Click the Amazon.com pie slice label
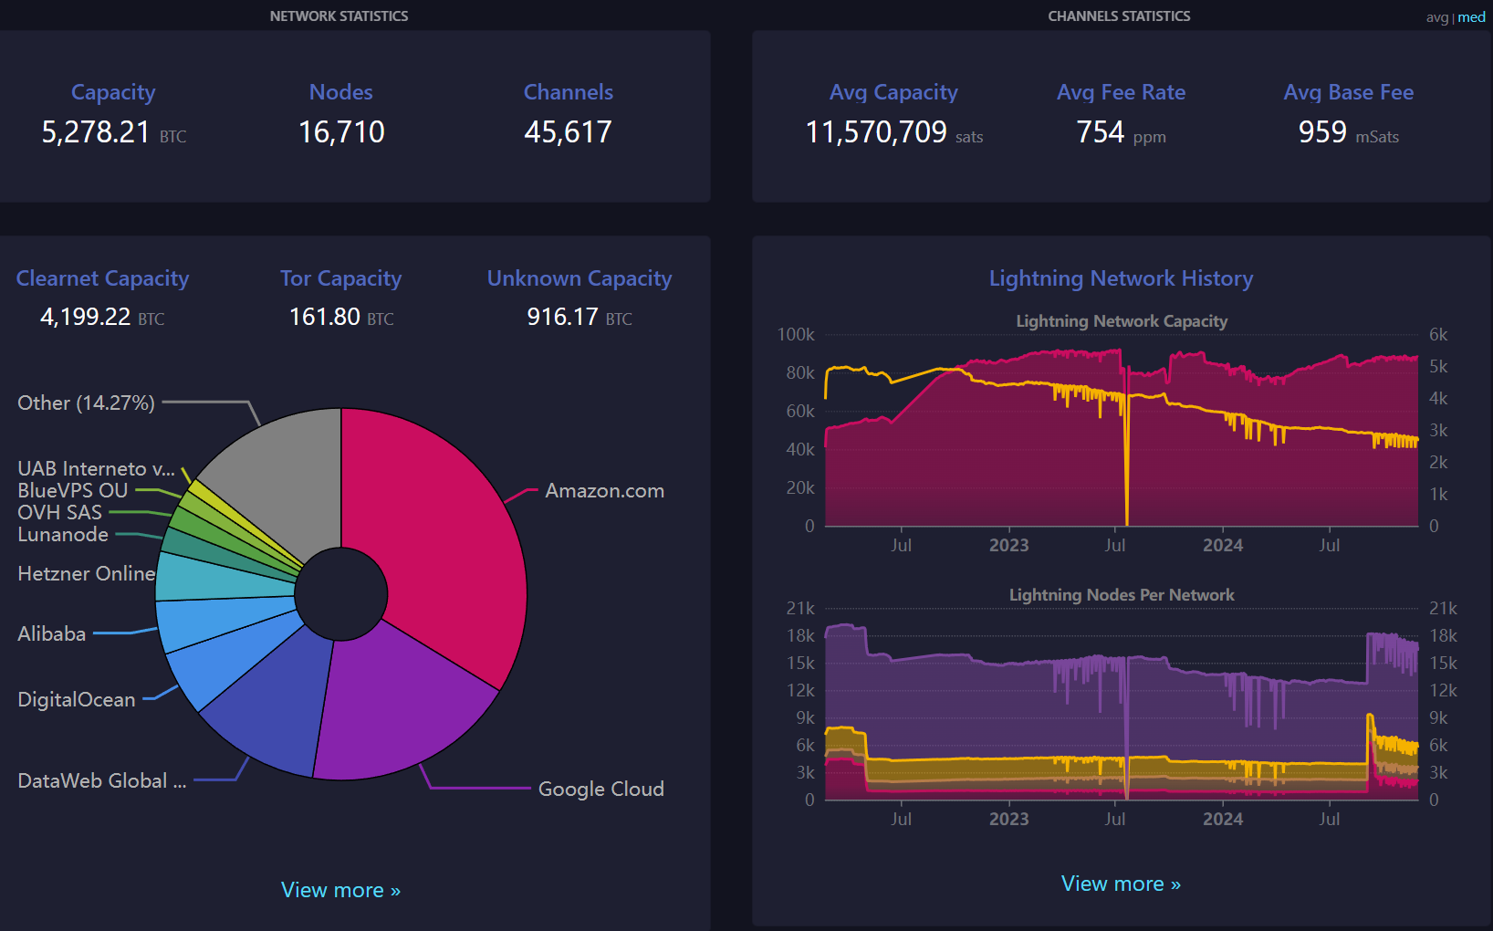click(x=604, y=491)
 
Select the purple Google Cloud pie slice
click(x=402, y=703)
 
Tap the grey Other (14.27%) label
click(x=86, y=403)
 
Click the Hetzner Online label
click(x=86, y=574)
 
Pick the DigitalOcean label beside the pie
click(x=77, y=700)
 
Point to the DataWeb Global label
click(x=101, y=781)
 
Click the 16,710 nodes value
click(x=341, y=132)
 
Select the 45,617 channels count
click(x=568, y=132)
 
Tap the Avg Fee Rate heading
click(x=1121, y=92)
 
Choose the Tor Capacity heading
click(x=340, y=278)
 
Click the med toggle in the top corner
click(x=1471, y=17)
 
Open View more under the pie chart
click(x=340, y=890)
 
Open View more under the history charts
click(x=1121, y=884)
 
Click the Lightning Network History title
click(x=1121, y=278)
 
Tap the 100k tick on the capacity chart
click(x=796, y=335)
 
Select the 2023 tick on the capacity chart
click(x=1008, y=546)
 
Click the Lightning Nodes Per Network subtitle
click(x=1121, y=595)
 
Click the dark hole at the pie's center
click(x=341, y=594)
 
